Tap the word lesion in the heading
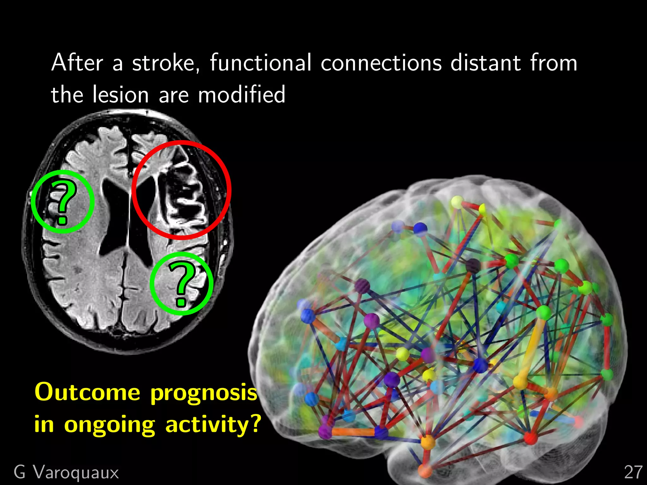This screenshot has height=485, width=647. coord(120,95)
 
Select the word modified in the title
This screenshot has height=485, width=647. coord(241,95)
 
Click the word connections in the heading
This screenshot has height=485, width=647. coord(381,63)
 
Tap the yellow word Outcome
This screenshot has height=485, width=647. coord(87,392)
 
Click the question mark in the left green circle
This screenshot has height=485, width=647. coord(63,202)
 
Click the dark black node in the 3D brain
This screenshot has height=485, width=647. coord(473,265)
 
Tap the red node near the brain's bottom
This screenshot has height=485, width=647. coord(530,438)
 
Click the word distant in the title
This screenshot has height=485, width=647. coord(485,63)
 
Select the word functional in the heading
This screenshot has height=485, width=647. coord(261,63)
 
